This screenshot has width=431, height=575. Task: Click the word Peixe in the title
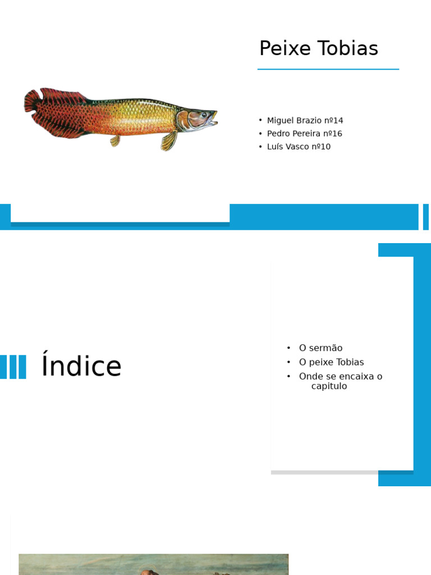tap(285, 49)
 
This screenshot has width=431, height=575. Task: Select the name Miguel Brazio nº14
tap(305, 120)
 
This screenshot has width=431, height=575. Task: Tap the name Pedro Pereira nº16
tap(304, 134)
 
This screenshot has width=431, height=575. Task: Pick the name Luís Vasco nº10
tap(299, 147)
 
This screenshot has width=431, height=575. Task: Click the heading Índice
tap(81, 367)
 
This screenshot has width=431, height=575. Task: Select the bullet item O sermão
tap(320, 348)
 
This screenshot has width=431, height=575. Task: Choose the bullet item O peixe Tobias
tap(331, 362)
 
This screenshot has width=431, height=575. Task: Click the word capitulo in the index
tap(329, 386)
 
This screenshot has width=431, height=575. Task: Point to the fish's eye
tap(205, 115)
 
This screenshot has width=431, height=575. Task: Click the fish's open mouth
tap(214, 119)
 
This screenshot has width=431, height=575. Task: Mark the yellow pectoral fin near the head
tap(169, 141)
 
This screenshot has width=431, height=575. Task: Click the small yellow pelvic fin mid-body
tap(116, 140)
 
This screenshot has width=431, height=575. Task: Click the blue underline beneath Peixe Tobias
tap(328, 69)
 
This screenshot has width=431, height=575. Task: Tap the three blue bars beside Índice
tap(13, 367)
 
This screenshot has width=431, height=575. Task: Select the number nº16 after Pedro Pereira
tap(332, 134)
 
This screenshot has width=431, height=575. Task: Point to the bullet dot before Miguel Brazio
tap(260, 120)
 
